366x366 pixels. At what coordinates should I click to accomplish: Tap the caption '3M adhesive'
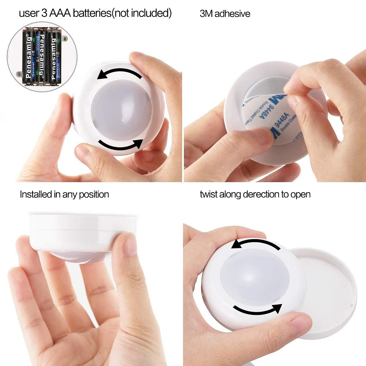coord(225,14)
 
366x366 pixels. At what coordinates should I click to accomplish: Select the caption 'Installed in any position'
coord(64,194)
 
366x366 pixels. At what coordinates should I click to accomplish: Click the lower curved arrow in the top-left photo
coord(121,145)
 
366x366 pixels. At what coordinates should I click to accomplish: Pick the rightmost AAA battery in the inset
coord(55,57)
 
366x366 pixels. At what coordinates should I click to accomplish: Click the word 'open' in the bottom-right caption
coord(301,194)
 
